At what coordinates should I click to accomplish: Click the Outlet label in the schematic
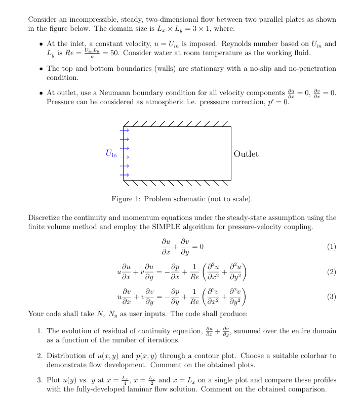246,154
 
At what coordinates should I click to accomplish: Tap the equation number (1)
332,247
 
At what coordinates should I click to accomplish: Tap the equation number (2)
332,272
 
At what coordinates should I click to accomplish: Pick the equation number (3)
332,296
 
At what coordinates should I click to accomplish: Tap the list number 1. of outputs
39,331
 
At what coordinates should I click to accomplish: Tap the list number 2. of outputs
39,356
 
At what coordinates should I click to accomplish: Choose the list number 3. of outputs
39,380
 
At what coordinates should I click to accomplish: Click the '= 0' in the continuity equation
198,247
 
